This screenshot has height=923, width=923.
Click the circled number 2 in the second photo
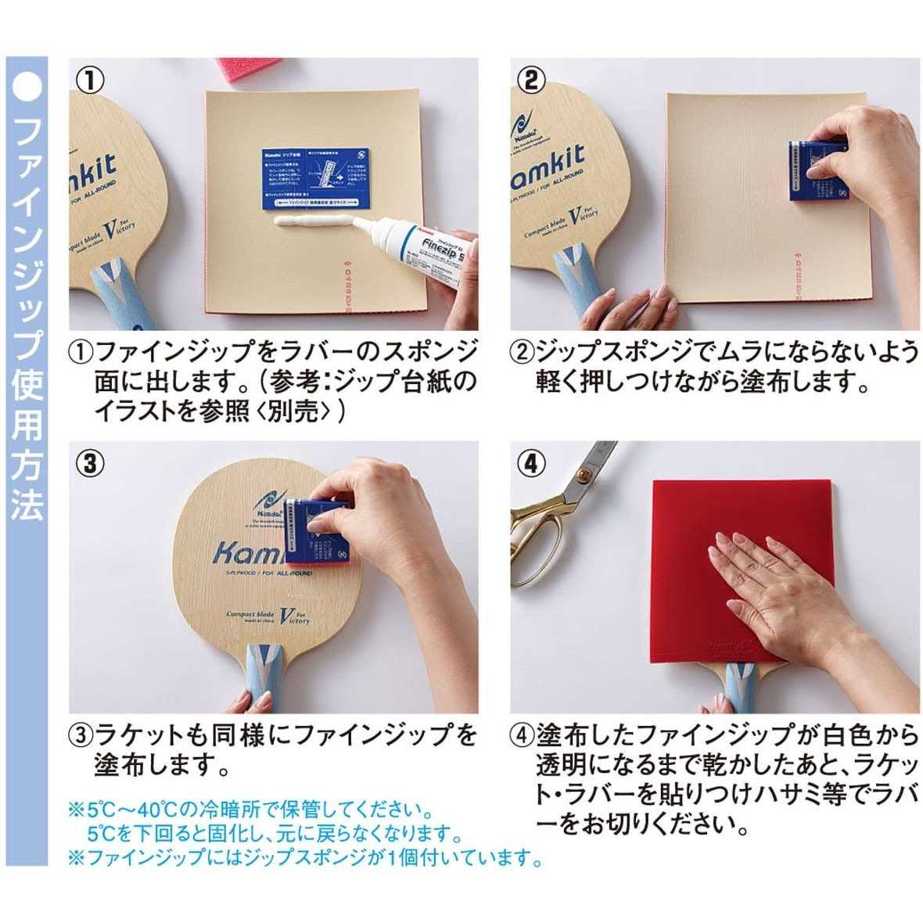tap(532, 79)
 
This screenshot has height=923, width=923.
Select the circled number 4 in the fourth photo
tap(532, 463)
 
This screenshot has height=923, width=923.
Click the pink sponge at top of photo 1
tap(263, 71)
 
